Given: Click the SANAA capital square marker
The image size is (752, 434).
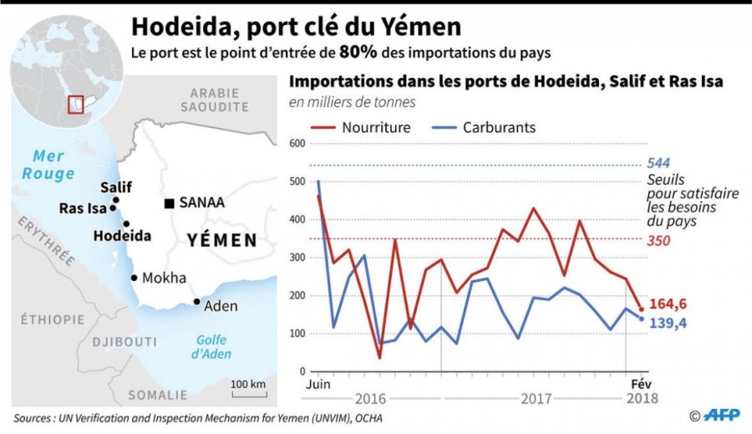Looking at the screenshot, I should click(170, 203).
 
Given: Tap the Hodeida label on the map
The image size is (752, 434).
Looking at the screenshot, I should click(123, 236).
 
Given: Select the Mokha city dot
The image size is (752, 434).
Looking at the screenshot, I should click(134, 278).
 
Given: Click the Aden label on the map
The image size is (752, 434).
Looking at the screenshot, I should click(221, 306).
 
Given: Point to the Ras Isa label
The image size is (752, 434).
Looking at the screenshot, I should click(83, 209).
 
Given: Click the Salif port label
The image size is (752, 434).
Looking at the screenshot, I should click(115, 187).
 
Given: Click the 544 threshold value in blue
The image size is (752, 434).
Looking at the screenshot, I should click(658, 164).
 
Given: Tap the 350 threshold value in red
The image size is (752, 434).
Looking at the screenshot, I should click(658, 240).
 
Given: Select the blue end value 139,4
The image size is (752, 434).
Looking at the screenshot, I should click(671, 323).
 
